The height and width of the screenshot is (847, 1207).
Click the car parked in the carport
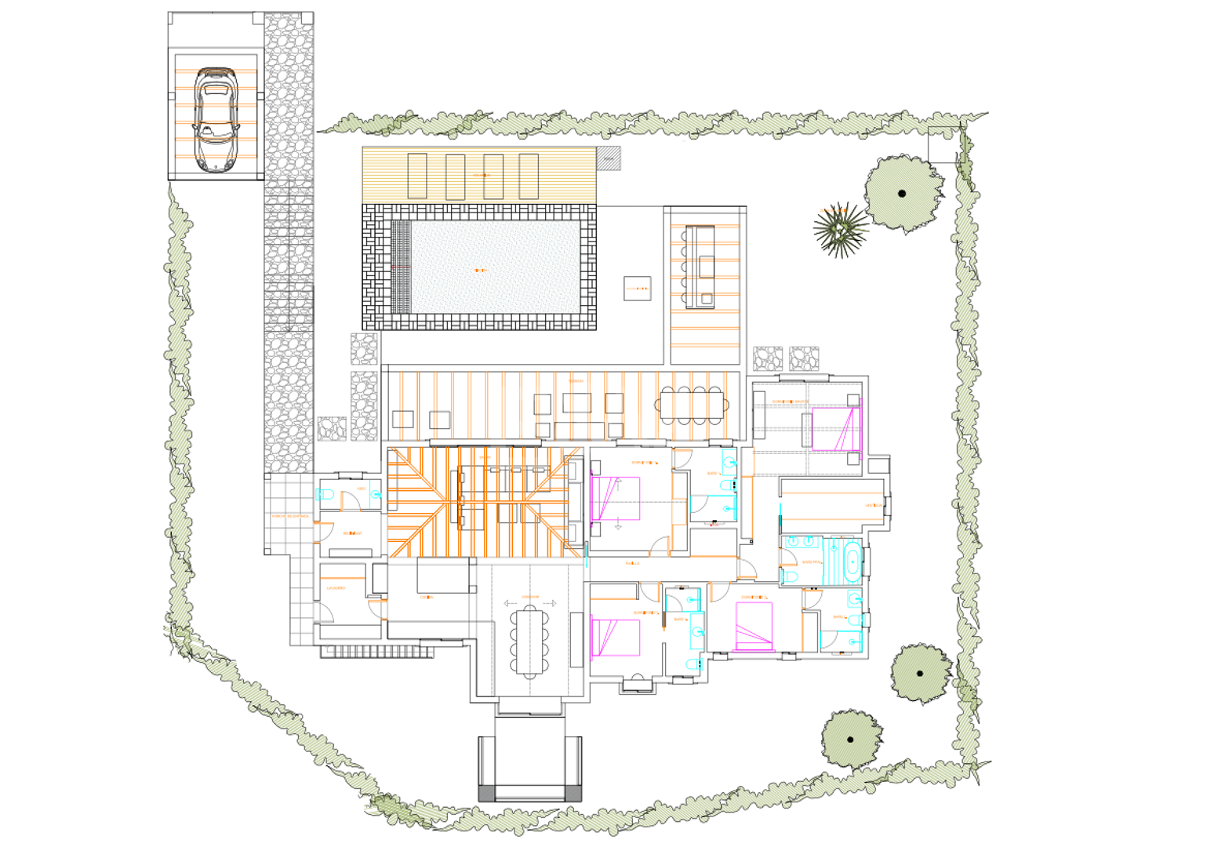point(215,118)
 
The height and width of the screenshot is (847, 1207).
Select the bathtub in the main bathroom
point(852,562)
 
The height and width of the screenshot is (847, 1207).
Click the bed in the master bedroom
point(836,429)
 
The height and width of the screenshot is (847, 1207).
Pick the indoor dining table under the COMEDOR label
point(530,642)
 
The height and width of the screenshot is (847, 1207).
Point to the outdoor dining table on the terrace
point(693,405)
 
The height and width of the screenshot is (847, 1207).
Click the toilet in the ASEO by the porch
point(325,495)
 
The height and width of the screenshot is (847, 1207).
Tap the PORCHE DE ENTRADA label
point(290,516)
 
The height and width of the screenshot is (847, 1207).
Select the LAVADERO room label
point(336,587)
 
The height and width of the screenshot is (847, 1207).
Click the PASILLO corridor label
point(632,563)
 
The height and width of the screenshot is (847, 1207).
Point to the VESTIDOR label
point(873,505)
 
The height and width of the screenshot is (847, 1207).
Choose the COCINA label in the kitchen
point(426,597)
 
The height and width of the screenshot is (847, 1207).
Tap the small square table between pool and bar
point(637,289)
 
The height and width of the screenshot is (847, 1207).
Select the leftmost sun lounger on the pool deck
point(417,176)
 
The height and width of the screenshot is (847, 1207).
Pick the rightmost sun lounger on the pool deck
point(529,176)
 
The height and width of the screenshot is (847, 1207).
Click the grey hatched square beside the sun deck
point(609,158)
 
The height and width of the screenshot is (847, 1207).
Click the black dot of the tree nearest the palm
point(902,193)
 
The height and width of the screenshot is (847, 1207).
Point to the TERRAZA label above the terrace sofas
point(576,381)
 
